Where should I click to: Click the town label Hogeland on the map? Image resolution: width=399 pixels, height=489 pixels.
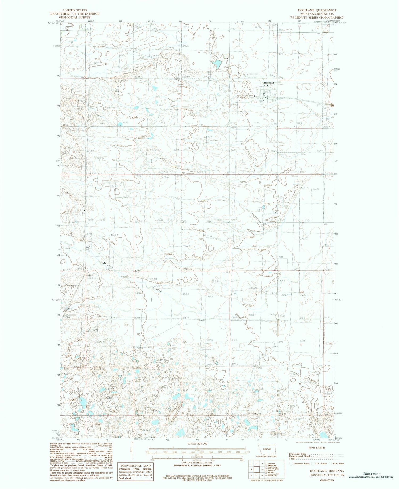pos(269,83)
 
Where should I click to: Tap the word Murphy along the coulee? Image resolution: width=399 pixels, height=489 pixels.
pos(108,265)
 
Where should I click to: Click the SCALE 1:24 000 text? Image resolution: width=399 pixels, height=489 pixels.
pos(197,444)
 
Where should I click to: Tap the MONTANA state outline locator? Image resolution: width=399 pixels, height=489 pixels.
pos(267,449)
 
